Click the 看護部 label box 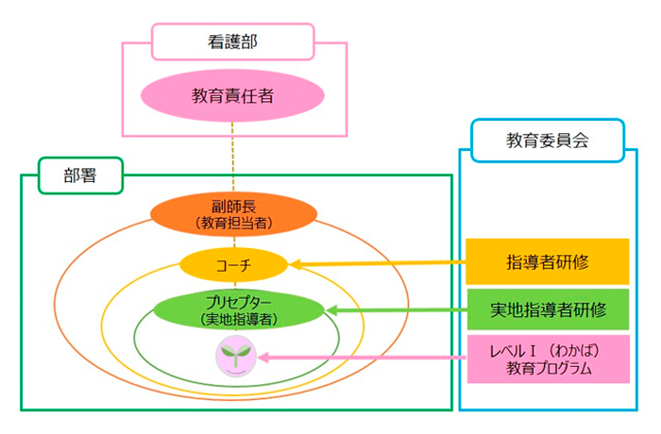[x=233, y=41]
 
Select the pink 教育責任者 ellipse [x=233, y=96]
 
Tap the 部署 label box [x=82, y=176]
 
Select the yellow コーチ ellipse [x=233, y=264]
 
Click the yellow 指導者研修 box [x=548, y=261]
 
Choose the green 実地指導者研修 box [x=548, y=309]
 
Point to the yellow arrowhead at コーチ [x=295, y=264]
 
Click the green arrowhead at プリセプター [x=330, y=309]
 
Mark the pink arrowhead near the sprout [x=263, y=358]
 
